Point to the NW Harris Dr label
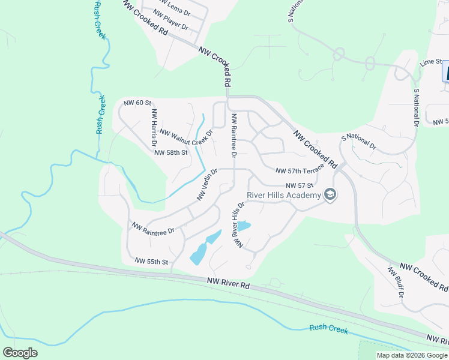[154, 124]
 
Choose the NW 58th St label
[171, 152]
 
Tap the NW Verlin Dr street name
[206, 184]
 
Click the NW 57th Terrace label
[300, 171]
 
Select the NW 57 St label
[300, 185]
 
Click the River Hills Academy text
[283, 195]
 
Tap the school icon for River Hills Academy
[329, 195]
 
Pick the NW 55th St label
[151, 262]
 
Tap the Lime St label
[431, 62]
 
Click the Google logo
[20, 353]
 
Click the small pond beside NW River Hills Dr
[243, 226]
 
